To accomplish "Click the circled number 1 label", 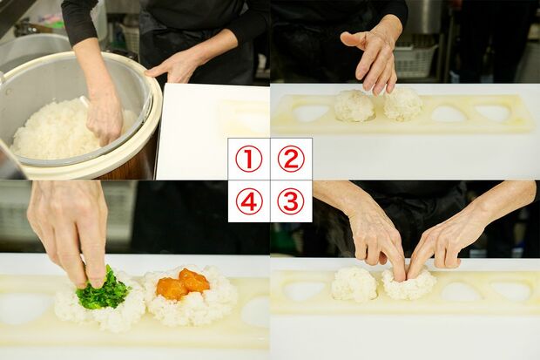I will point(249,159).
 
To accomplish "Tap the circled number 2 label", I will point(291,159).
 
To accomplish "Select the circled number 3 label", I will point(291,201).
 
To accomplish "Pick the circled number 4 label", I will point(249,201).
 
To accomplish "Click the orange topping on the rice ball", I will point(182,284).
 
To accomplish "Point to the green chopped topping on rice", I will point(104,294).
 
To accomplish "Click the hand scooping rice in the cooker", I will point(105,113).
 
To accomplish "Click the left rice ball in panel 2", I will point(354,105).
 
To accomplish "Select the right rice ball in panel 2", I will point(403,104).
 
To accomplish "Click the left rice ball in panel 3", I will point(354,284).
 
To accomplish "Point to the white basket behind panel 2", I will point(415,59).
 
